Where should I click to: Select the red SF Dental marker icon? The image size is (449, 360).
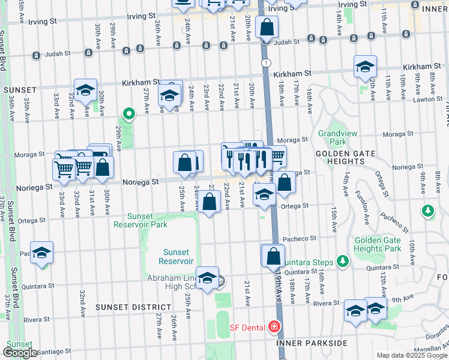(x=274, y=327)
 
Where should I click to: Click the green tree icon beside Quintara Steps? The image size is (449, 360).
(x=342, y=260)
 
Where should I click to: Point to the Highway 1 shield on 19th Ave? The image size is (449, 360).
(x=266, y=62)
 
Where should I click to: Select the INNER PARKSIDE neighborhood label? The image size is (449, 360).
(x=312, y=343)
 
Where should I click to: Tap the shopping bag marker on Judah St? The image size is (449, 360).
(x=266, y=28)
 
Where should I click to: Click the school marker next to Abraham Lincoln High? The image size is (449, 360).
(x=207, y=278)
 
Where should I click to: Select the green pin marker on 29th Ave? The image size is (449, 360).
(x=128, y=113)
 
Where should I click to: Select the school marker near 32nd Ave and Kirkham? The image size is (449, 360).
(x=86, y=91)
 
